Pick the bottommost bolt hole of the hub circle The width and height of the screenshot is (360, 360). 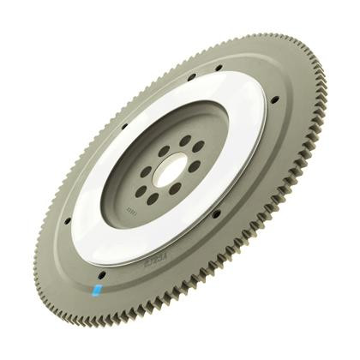pos(153,197)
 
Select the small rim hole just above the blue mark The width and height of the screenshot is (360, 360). pos(102,276)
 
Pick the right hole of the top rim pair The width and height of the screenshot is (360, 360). pos(219,67)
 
